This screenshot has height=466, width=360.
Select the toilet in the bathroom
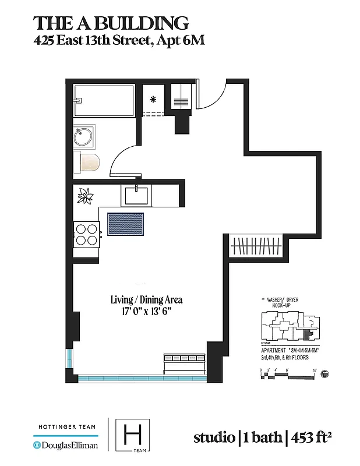click(87, 163)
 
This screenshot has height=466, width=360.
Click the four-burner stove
click(86, 234)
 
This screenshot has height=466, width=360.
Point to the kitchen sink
click(136, 195)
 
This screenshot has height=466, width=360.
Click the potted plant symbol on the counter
click(86, 196)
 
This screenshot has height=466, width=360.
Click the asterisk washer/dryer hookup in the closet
click(153, 100)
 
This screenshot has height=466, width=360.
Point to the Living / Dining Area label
click(146, 300)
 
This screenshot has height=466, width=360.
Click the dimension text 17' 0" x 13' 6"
click(146, 312)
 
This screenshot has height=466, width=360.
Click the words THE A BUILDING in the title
click(111, 23)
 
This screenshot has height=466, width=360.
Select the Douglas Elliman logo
click(65, 446)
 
